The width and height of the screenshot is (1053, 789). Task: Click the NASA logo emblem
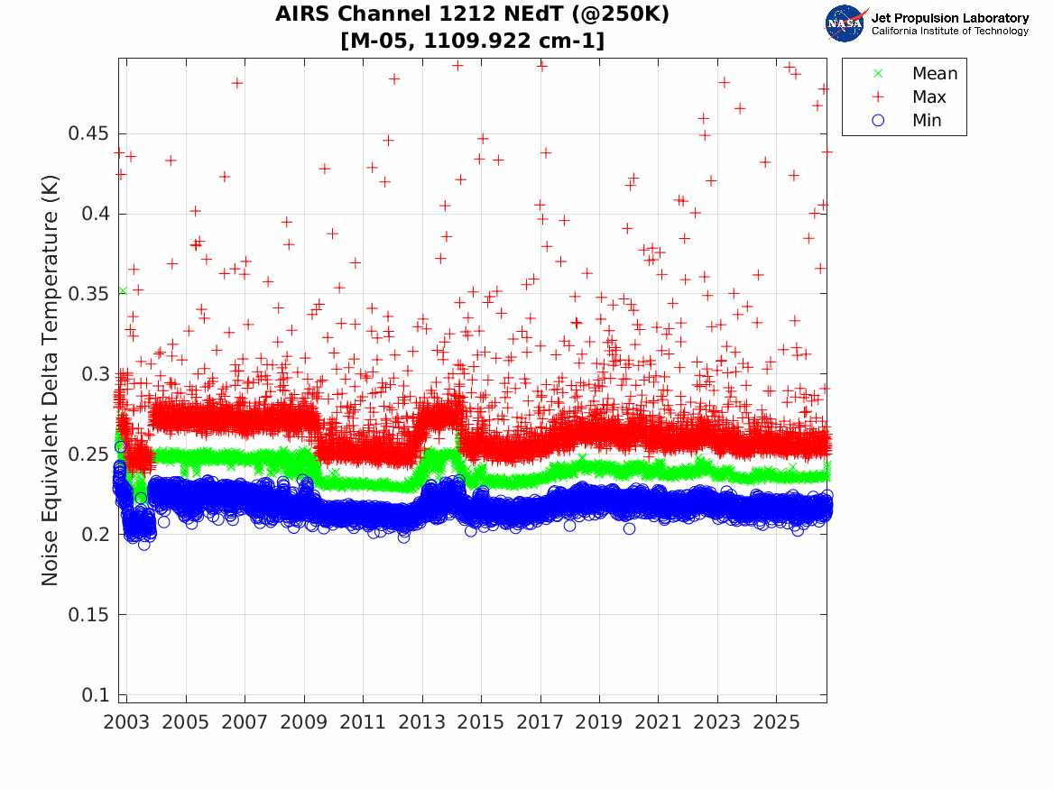point(845,23)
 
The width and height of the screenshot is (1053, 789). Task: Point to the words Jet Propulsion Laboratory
point(950,18)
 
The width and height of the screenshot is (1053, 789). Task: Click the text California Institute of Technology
point(950,31)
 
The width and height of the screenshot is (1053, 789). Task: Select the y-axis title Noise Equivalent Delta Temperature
point(50,381)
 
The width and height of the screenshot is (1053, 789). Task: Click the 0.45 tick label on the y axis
point(88,133)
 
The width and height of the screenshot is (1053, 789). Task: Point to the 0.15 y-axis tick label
point(88,615)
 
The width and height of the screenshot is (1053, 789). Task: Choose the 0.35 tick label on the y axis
point(88,294)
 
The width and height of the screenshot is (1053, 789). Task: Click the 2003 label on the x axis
point(126,722)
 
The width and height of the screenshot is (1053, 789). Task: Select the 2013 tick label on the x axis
point(421,722)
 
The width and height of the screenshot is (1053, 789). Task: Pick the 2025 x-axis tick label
point(776,722)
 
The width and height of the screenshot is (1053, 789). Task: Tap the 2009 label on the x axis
point(303,722)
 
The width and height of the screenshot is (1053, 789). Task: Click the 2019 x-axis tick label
point(599,722)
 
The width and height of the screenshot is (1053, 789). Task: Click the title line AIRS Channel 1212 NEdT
point(472,14)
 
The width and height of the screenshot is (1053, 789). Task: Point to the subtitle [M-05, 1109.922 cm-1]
point(472,41)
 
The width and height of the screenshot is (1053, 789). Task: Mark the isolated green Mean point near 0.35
point(122,291)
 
